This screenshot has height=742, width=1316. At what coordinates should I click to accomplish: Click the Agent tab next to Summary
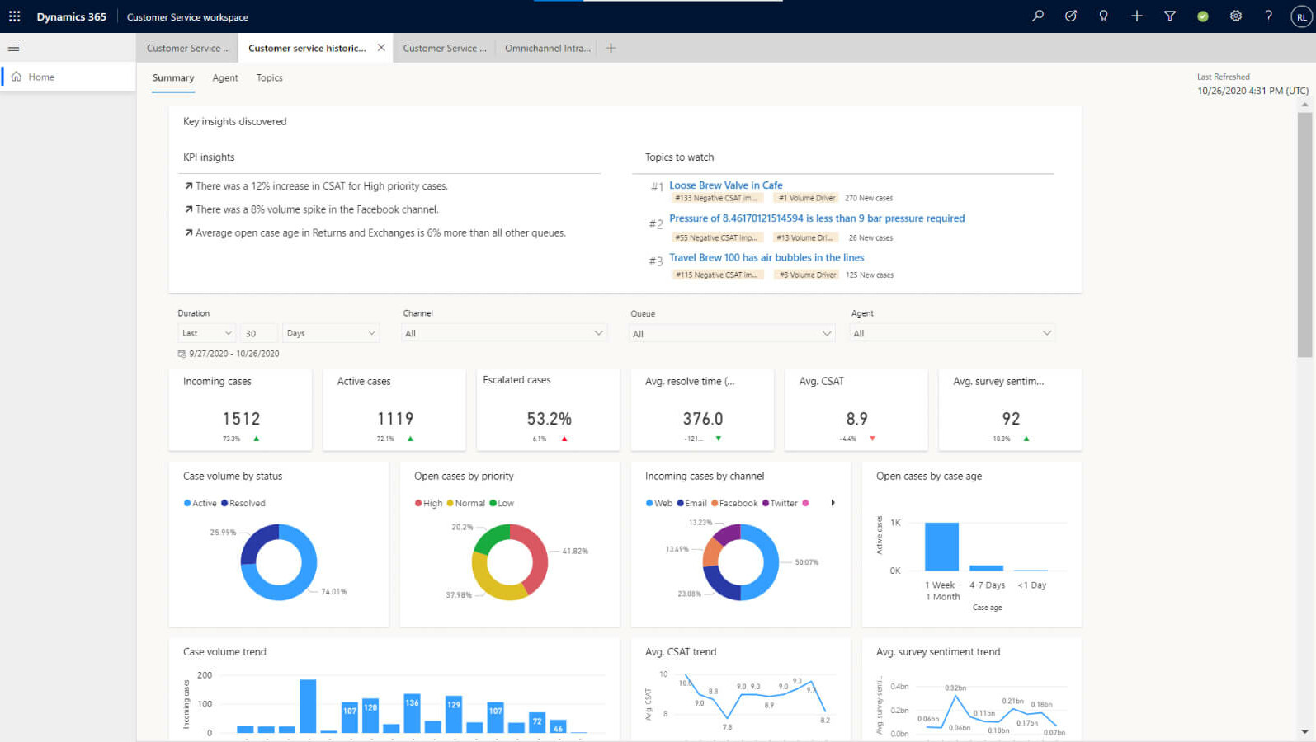pos(224,78)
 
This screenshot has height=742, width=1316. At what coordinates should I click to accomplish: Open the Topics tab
pos(269,78)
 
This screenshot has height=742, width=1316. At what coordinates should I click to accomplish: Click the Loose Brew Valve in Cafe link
pos(725,185)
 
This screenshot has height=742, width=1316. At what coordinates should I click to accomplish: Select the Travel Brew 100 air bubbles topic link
pos(766,257)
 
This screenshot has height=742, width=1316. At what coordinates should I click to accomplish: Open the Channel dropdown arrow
pos(598,333)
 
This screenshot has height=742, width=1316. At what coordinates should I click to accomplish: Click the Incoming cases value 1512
pos(241,419)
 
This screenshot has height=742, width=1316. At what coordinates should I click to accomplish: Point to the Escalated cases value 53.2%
pos(549,419)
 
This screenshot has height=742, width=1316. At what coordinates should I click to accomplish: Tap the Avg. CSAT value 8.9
pos(856,419)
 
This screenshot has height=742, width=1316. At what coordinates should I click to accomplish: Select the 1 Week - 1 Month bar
pos(941,547)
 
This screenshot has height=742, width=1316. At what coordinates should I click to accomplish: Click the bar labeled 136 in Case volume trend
pos(412,714)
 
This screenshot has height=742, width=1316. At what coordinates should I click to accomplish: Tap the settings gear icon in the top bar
pos(1235,16)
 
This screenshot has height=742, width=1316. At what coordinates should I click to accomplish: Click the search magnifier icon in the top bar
pos(1038,16)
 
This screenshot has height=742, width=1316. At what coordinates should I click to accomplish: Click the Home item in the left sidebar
pos(40,77)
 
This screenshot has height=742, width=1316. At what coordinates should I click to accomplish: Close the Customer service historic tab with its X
pos(381,48)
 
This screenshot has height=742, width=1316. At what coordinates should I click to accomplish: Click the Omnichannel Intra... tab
pos(547,49)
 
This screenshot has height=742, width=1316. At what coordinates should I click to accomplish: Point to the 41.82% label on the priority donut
pos(575,551)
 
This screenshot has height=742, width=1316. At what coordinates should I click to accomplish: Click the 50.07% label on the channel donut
pos(806,562)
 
